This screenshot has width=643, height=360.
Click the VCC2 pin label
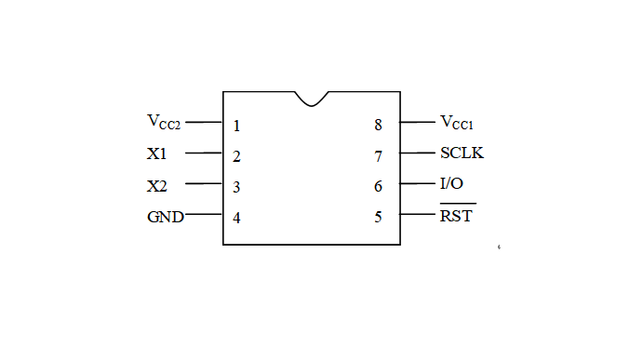tap(164, 122)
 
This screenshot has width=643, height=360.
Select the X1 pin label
tap(156, 153)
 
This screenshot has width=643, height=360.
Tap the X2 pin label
tap(157, 186)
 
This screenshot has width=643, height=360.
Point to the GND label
tap(166, 217)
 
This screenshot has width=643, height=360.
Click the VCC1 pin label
tap(456, 122)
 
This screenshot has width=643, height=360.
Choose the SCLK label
tap(462, 153)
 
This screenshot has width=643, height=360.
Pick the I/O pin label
tap(451, 183)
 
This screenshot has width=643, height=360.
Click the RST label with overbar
tap(458, 213)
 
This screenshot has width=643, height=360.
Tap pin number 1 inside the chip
tap(236, 126)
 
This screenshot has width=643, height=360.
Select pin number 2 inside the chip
tap(236, 156)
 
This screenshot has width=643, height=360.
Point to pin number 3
tap(236, 187)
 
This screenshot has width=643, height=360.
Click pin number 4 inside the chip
tap(236, 218)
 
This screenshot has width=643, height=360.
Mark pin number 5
tap(378, 217)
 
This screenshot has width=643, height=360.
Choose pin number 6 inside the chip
tap(378, 187)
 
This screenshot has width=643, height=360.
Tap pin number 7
tap(378, 156)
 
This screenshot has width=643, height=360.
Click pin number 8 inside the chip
tap(378, 125)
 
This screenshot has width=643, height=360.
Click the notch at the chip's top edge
tap(312, 105)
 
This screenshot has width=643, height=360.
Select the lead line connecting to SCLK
tap(418, 153)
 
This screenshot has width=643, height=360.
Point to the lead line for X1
tap(204, 153)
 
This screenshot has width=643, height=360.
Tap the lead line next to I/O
tap(418, 183)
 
